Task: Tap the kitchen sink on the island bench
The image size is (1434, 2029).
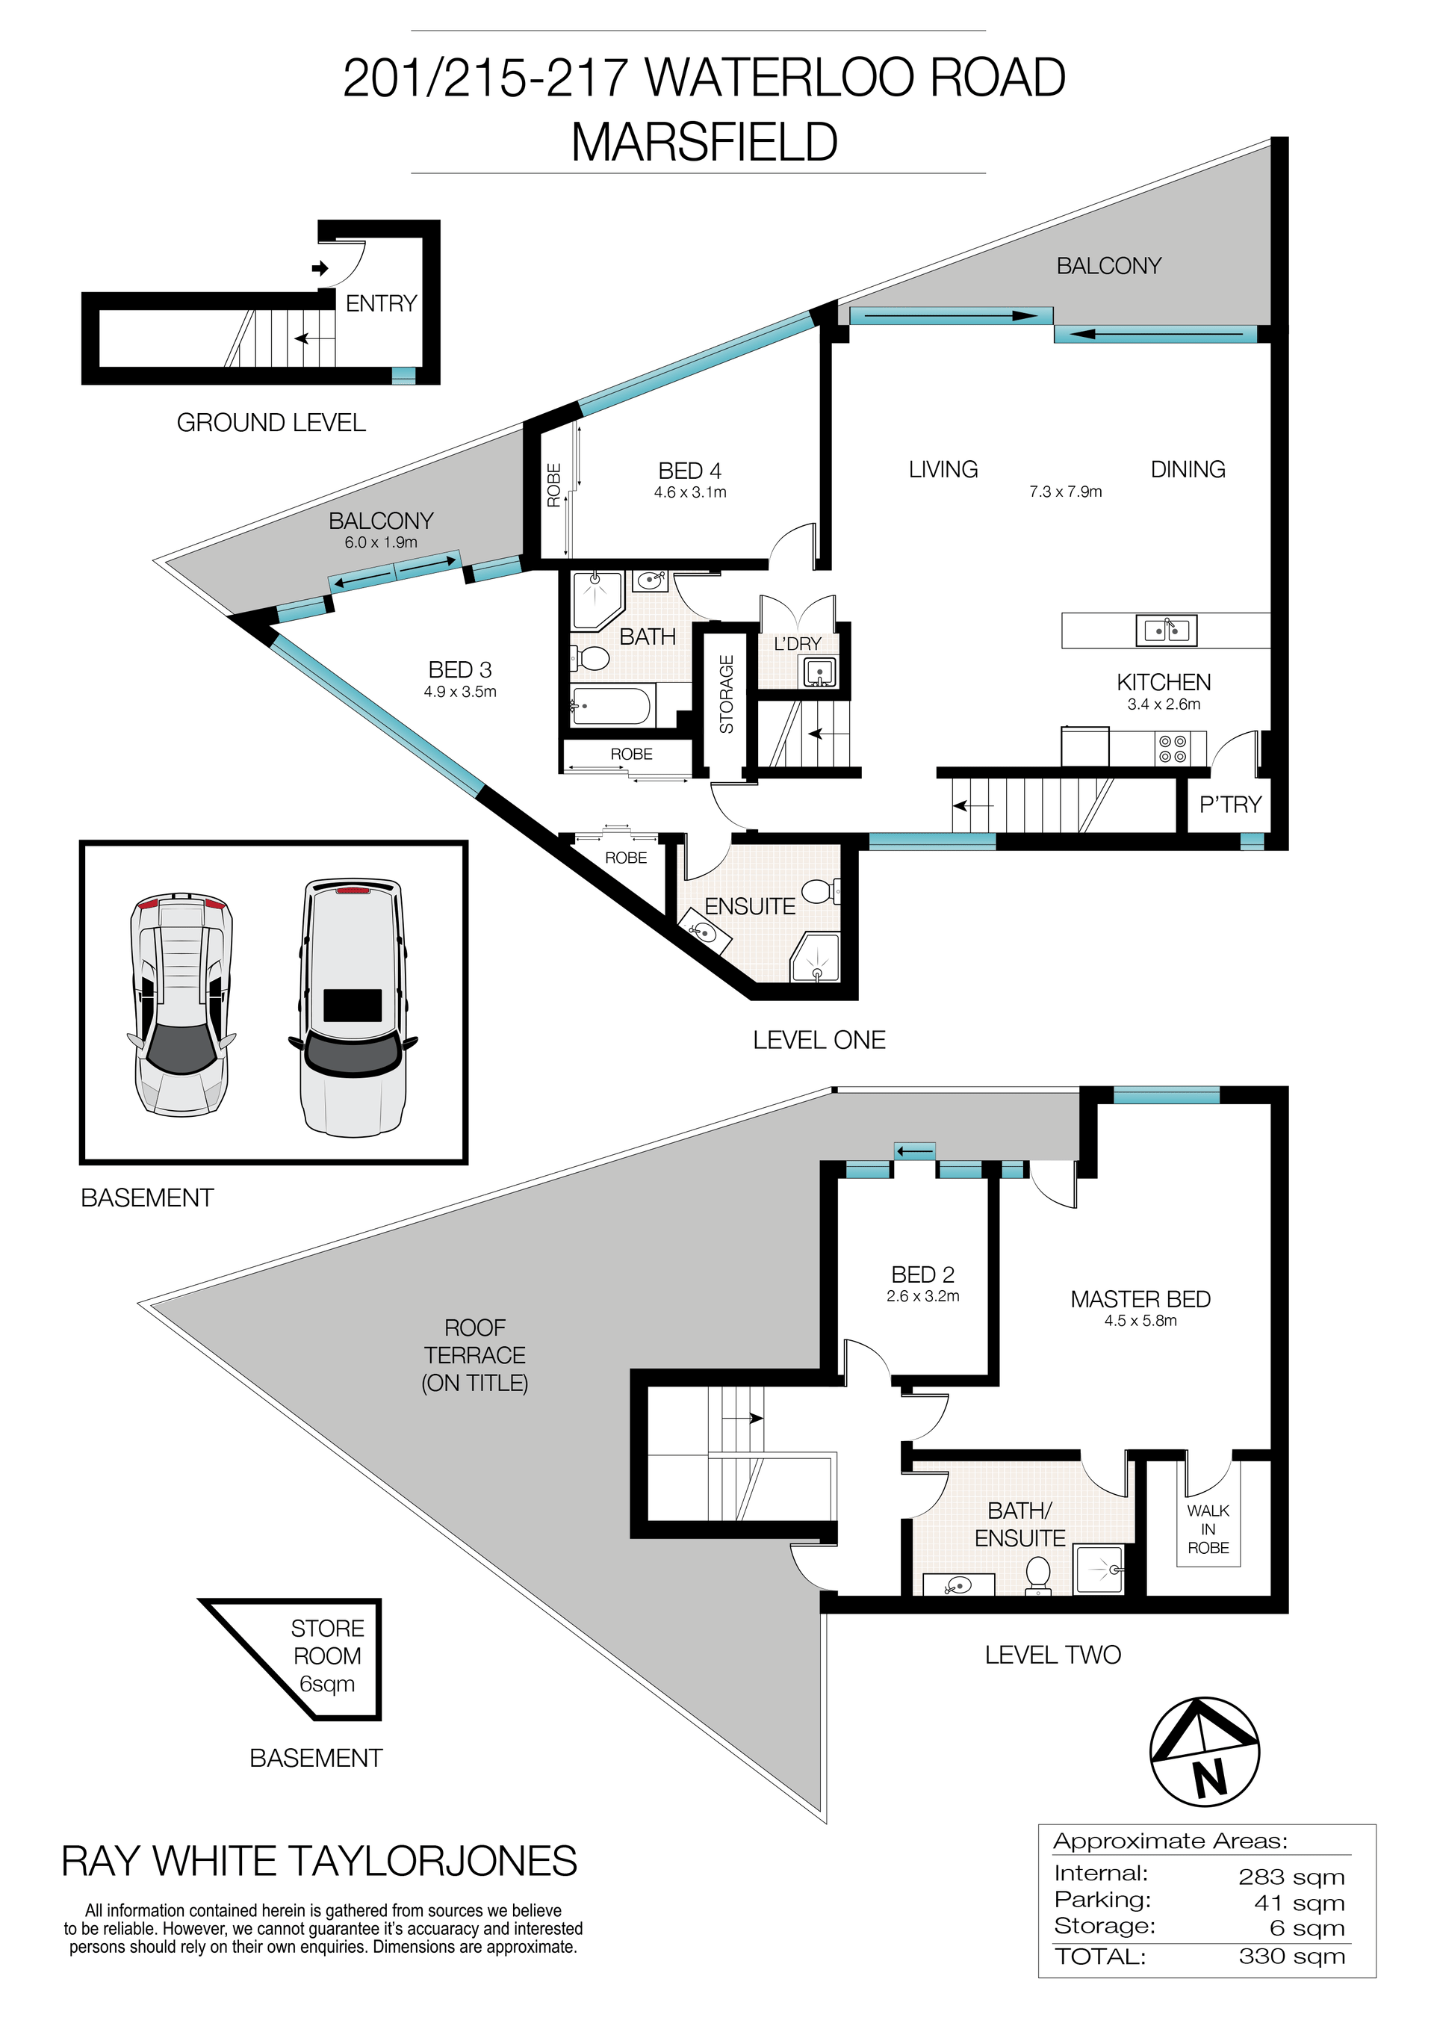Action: click(1167, 630)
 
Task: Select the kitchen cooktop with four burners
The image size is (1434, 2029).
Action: click(1173, 749)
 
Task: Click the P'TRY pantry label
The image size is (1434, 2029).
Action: click(1230, 804)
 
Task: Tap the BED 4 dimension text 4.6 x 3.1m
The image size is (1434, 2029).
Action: click(690, 492)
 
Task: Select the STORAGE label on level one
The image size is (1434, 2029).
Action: click(726, 694)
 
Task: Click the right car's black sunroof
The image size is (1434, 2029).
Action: click(353, 1005)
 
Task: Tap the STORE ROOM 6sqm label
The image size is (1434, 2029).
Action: click(327, 1655)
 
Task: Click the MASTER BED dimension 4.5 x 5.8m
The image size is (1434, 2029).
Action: click(1140, 1321)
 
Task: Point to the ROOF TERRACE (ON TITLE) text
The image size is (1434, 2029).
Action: click(474, 1354)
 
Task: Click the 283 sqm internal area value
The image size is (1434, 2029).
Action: click(1291, 1877)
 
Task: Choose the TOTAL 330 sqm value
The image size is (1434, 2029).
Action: click(1291, 1957)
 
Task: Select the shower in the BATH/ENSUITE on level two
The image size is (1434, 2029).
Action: click(1100, 1570)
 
